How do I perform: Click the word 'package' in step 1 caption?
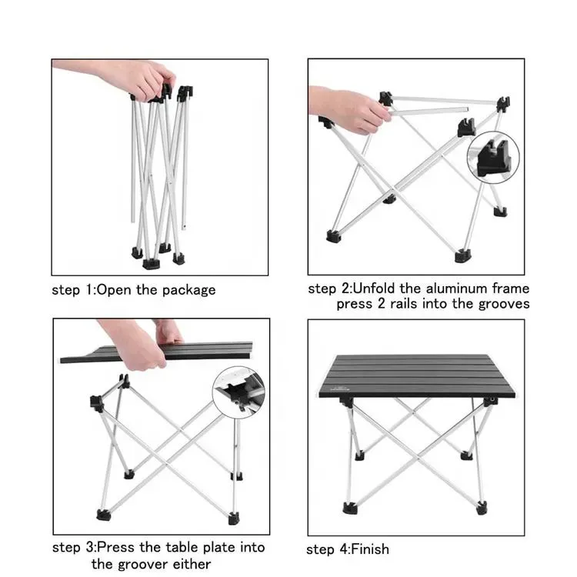pyautogui.click(x=188, y=291)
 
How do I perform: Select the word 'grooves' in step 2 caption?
pyautogui.click(x=504, y=305)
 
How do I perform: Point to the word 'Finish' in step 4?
pyautogui.click(x=370, y=549)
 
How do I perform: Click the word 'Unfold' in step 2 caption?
pyautogui.click(x=374, y=288)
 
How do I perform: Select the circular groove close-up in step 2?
pyautogui.click(x=493, y=158)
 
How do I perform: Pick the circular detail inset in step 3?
pyautogui.click(x=238, y=392)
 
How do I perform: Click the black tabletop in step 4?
pyautogui.click(x=416, y=376)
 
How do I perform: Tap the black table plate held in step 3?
pyautogui.click(x=157, y=352)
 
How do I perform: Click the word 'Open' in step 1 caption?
pyautogui.click(x=114, y=291)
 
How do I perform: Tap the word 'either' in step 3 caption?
pyautogui.click(x=192, y=564)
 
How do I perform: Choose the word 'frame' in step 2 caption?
pyautogui.click(x=511, y=288)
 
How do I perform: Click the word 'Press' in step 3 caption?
pyautogui.click(x=115, y=547)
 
